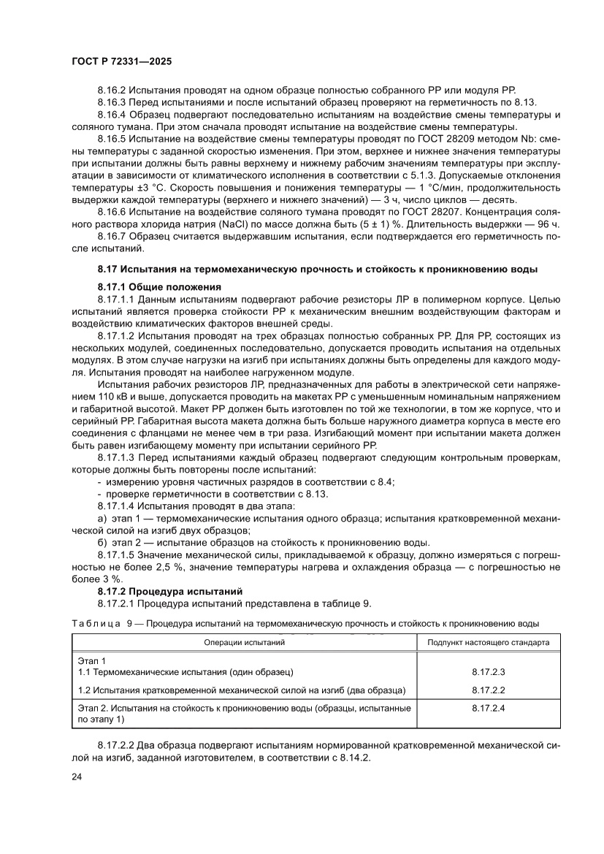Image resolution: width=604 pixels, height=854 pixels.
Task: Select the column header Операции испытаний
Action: pos(244,643)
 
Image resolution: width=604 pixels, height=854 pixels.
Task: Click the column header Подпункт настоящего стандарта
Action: pos(488,643)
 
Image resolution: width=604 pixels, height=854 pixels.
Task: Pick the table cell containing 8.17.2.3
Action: pos(488,671)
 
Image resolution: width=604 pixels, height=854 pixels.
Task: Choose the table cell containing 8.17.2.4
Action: pos(488,709)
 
